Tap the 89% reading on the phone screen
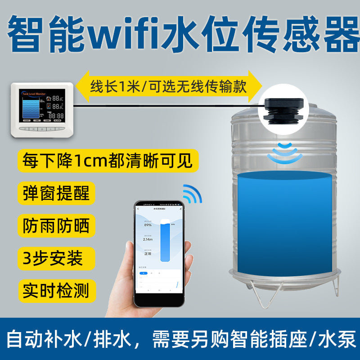coord(148,225)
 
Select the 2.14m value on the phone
coord(148,239)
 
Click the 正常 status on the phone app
coord(148,254)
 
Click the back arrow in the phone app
coord(138,209)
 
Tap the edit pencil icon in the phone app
coord(180,209)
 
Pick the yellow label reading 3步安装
coord(53,258)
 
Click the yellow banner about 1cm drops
coord(108,161)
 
